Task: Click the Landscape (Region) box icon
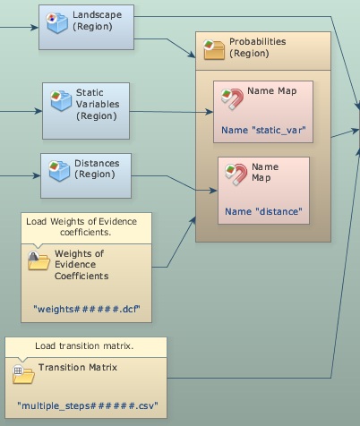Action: coord(56,22)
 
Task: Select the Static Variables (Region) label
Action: coord(98,105)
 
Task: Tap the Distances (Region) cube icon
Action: coord(59,170)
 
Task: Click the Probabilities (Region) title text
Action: coord(257,47)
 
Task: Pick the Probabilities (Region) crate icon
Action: coord(214,50)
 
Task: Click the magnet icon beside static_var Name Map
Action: coord(232,98)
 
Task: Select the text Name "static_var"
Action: coord(263,131)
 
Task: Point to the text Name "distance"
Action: coord(263,211)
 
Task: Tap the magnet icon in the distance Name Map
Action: coord(236,175)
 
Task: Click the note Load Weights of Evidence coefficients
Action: coord(81,226)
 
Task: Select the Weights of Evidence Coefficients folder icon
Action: coord(39,260)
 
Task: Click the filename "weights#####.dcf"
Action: coord(87,309)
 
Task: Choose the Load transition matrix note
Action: coord(84,345)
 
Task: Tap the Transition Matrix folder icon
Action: coord(23,374)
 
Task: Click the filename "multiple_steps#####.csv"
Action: coord(88,405)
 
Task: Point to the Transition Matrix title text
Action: coord(78,367)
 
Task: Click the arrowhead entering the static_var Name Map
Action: coord(210,112)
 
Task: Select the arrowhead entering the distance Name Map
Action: coord(214,191)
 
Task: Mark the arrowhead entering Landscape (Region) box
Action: coord(35,28)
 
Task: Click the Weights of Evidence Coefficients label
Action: coord(81,265)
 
